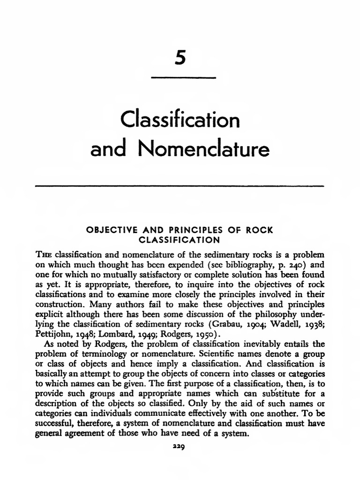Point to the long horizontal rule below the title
coord(180,186)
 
